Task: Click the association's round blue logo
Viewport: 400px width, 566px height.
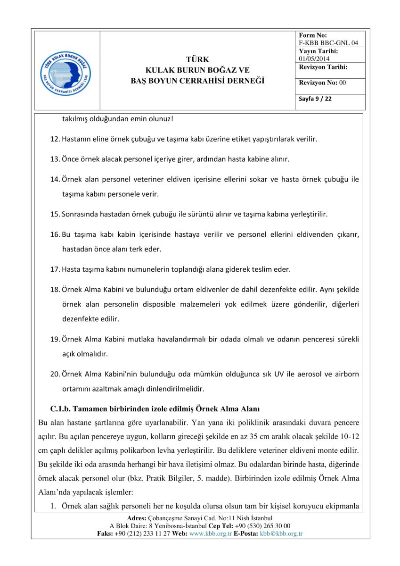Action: point(66,70)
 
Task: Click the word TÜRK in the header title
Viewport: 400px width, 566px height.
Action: point(197,59)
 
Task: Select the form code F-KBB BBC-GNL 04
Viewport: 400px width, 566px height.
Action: point(328,43)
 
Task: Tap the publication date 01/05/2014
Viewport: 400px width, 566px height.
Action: point(314,58)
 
